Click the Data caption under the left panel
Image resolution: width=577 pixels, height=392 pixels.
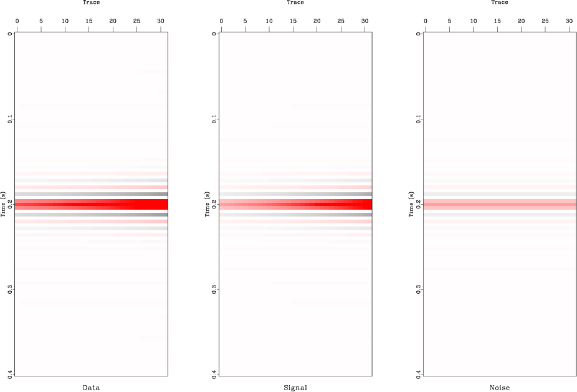click(x=91, y=388)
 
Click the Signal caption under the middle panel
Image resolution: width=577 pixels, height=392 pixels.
click(x=295, y=388)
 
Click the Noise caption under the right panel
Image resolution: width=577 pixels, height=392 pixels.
click(x=500, y=388)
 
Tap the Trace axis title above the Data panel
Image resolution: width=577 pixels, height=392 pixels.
click(x=91, y=2)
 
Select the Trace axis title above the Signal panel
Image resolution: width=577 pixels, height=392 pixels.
click(x=295, y=2)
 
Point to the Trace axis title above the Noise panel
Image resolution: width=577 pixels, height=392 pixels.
click(x=500, y=2)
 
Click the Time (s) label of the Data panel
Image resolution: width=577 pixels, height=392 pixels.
click(x=4, y=204)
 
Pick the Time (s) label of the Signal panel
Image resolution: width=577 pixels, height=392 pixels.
click(x=208, y=204)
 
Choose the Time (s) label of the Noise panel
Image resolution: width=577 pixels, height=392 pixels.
click(x=412, y=204)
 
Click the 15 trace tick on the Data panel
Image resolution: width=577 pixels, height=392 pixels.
click(x=89, y=21)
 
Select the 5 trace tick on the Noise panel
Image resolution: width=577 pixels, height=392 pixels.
click(x=450, y=21)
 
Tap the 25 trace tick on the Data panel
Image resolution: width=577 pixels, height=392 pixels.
click(x=137, y=21)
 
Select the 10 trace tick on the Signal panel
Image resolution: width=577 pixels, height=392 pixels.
click(x=269, y=21)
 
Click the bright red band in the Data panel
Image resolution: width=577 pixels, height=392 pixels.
click(x=91, y=204)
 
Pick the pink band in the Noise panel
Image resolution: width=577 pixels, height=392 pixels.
click(x=500, y=204)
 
